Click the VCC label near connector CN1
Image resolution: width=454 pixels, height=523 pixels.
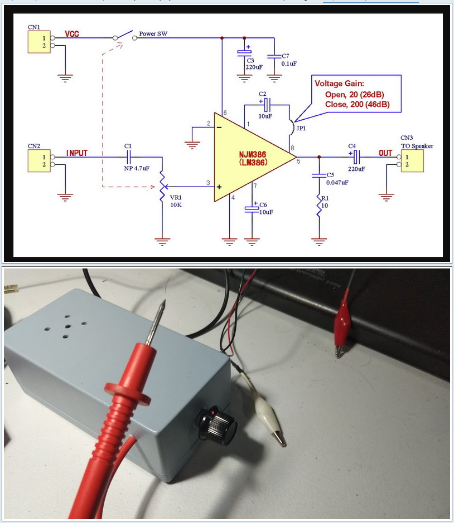(x=72, y=34)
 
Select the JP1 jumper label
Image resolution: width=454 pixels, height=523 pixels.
(x=301, y=129)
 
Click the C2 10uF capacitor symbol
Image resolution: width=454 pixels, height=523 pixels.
(x=266, y=104)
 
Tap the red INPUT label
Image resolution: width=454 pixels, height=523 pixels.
(x=77, y=153)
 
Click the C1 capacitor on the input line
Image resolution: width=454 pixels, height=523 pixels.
(x=128, y=157)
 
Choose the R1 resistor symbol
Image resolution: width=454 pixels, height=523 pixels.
(x=319, y=206)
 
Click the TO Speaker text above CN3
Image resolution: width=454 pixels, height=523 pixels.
(x=417, y=146)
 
